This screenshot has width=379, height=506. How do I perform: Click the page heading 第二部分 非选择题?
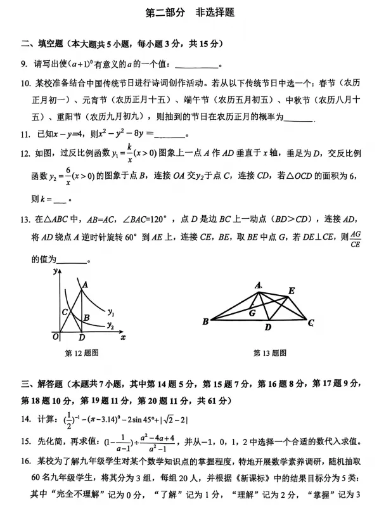189,12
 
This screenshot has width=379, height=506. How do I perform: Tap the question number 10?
25,84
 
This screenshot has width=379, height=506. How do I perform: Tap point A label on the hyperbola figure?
84,285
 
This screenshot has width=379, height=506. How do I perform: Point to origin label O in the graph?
56,336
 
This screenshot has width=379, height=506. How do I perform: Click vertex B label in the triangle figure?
205,322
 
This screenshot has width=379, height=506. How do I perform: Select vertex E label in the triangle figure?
291,291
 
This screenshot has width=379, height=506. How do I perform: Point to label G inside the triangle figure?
252,312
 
